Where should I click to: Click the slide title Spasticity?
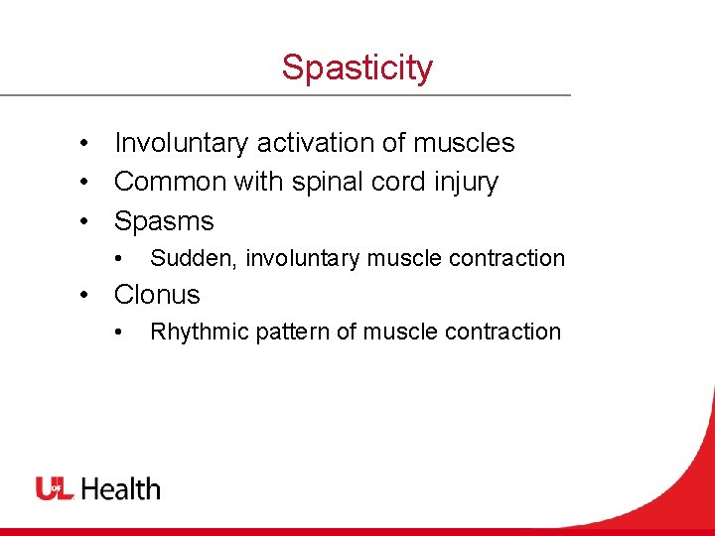coord(357,67)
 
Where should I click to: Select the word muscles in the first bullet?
coord(464,143)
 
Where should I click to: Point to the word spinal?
coord(323,183)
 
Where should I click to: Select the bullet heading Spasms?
coord(164,220)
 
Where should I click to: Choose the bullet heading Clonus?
coord(157,295)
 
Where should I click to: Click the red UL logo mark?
coord(56,488)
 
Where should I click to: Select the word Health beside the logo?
coord(120,488)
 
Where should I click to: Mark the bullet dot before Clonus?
coord(88,296)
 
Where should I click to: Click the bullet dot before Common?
coord(88,183)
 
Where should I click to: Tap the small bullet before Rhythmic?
coord(119,333)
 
